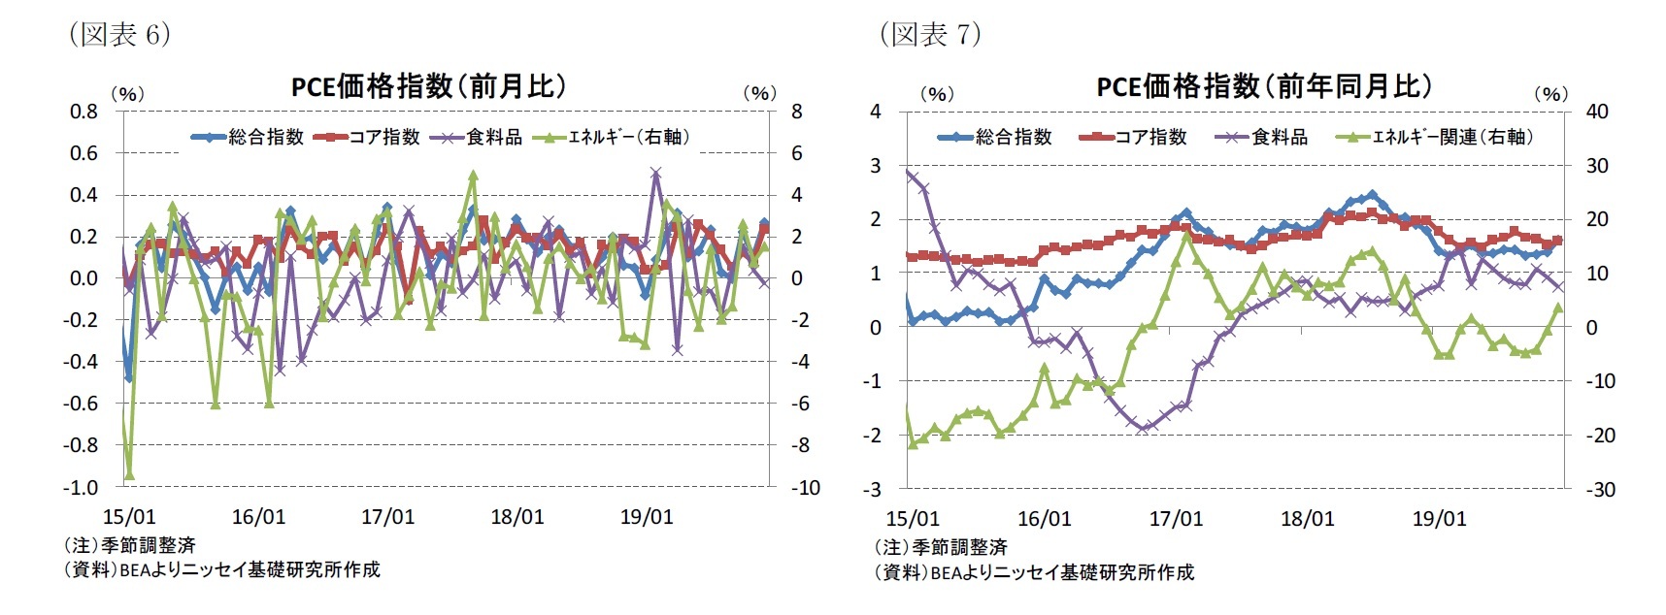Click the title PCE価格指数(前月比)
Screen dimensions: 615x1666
tap(428, 86)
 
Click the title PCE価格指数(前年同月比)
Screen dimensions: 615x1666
tap(1264, 86)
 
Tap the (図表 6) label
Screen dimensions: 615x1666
tap(119, 35)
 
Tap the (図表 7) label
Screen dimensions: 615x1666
tap(930, 35)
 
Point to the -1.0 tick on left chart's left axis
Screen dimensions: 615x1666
tap(82, 487)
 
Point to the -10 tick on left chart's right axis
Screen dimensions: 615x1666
tap(805, 487)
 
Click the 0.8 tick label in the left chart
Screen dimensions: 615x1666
tap(83, 112)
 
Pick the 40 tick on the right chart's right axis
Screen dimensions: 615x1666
tap(1596, 112)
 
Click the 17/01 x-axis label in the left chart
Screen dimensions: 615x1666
tap(387, 517)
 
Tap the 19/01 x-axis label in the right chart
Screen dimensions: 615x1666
tap(1439, 519)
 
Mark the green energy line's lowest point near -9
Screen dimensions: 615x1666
tap(129, 475)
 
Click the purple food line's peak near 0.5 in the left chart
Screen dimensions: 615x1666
tap(656, 173)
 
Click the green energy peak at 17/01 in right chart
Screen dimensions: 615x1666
tap(1185, 236)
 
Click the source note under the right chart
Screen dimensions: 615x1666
tap(1033, 572)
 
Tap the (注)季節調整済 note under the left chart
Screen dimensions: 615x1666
tap(129, 545)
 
